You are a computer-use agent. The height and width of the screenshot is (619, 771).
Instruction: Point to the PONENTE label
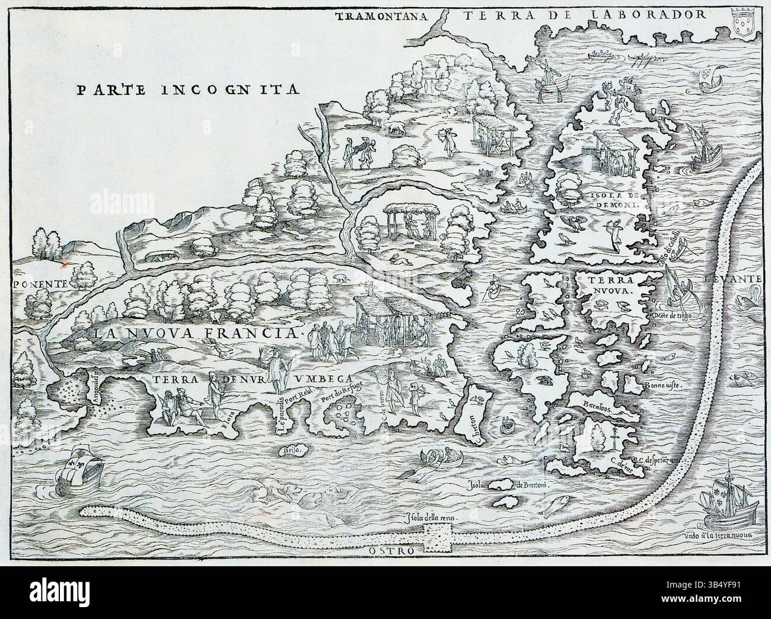(x=36, y=283)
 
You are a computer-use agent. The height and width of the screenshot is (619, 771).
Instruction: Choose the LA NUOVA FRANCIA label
(x=199, y=333)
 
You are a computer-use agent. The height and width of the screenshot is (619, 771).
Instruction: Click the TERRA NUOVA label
(x=610, y=285)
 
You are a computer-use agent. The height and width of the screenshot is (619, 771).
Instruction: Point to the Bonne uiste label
(x=662, y=384)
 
